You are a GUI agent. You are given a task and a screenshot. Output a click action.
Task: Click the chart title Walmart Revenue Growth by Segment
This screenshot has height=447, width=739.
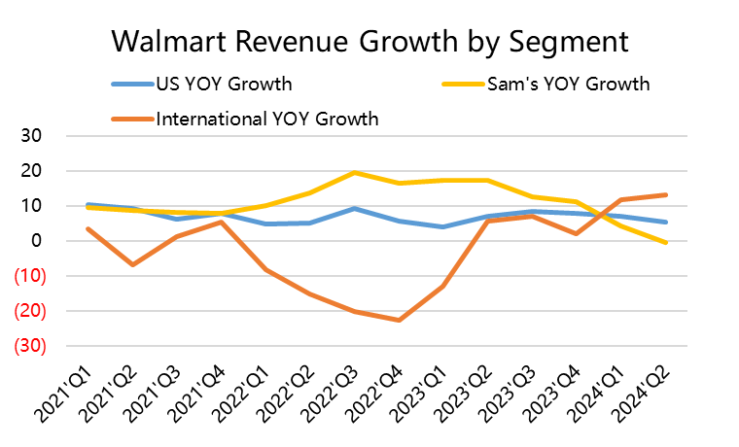click(369, 42)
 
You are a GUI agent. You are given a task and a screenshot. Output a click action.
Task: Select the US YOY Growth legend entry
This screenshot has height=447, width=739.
click(224, 85)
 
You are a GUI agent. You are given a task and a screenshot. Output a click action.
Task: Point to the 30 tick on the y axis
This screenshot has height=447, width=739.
click(29, 136)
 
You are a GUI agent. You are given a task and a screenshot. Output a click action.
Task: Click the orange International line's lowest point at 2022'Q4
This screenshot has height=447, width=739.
click(399, 320)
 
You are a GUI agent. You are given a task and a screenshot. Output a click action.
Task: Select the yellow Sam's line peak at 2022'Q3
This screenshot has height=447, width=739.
click(354, 173)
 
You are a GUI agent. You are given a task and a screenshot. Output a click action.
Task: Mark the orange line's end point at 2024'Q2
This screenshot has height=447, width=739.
click(665, 194)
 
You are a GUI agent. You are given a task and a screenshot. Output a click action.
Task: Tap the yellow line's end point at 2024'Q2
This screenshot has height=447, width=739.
click(665, 243)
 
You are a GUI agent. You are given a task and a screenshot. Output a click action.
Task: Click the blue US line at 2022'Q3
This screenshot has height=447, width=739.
click(354, 208)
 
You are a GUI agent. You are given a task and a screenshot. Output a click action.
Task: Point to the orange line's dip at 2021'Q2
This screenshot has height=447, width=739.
click(132, 264)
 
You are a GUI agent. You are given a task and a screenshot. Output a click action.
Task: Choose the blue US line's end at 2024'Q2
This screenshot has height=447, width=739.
click(665, 223)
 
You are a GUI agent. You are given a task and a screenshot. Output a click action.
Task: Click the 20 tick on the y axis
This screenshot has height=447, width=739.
click(29, 171)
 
